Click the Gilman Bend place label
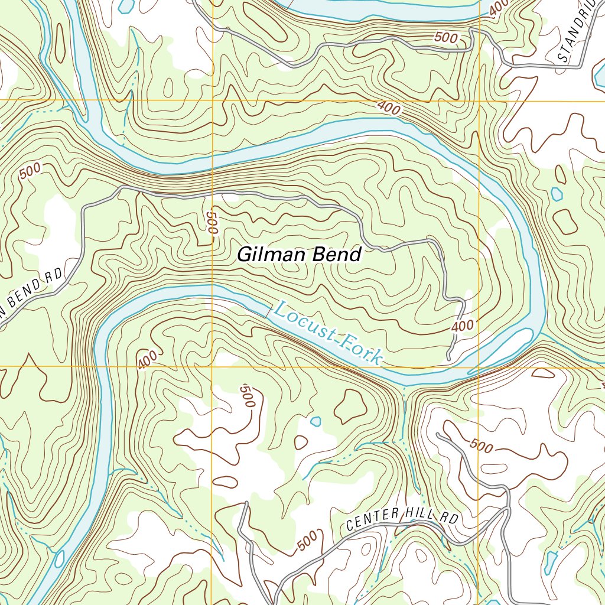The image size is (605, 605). tap(298, 255)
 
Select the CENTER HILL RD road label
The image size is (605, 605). tap(402, 519)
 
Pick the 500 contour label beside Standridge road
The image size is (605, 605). tap(445, 38)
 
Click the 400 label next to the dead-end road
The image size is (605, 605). tap(463, 326)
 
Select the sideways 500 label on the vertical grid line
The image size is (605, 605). tap(213, 222)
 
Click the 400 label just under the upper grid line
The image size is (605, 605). tap(388, 108)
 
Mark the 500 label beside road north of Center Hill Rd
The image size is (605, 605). tap(482, 447)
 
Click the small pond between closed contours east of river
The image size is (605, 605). tap(556, 193)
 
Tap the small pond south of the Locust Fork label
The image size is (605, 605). tap(316, 421)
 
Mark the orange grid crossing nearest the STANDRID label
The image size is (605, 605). tap(479, 100)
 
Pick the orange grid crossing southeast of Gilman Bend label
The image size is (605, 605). tap(479, 366)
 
